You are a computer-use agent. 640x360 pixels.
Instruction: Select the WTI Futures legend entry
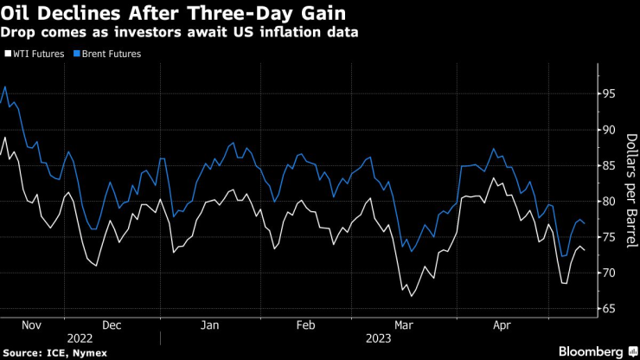[x=35, y=54]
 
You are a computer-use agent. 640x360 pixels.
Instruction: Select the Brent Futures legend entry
[x=107, y=54]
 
